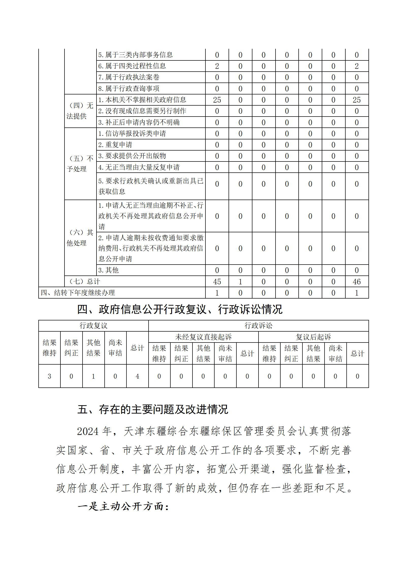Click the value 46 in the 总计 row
(357, 282)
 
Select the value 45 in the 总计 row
(217, 282)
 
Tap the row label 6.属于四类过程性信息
(132, 66)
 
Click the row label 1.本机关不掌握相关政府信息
(142, 100)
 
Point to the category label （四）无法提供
(80, 111)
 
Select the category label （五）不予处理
(80, 164)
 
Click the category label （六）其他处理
(80, 238)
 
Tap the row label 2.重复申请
(115, 145)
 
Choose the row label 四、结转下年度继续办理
(78, 293)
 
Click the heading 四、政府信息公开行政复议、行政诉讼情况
(180, 309)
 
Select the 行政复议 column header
(93, 326)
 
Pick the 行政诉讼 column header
(258, 326)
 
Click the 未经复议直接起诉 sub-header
(203, 337)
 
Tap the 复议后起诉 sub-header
(313, 337)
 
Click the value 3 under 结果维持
(49, 376)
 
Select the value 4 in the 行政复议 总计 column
(137, 376)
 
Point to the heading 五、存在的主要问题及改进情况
(153, 409)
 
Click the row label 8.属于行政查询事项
(129, 89)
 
